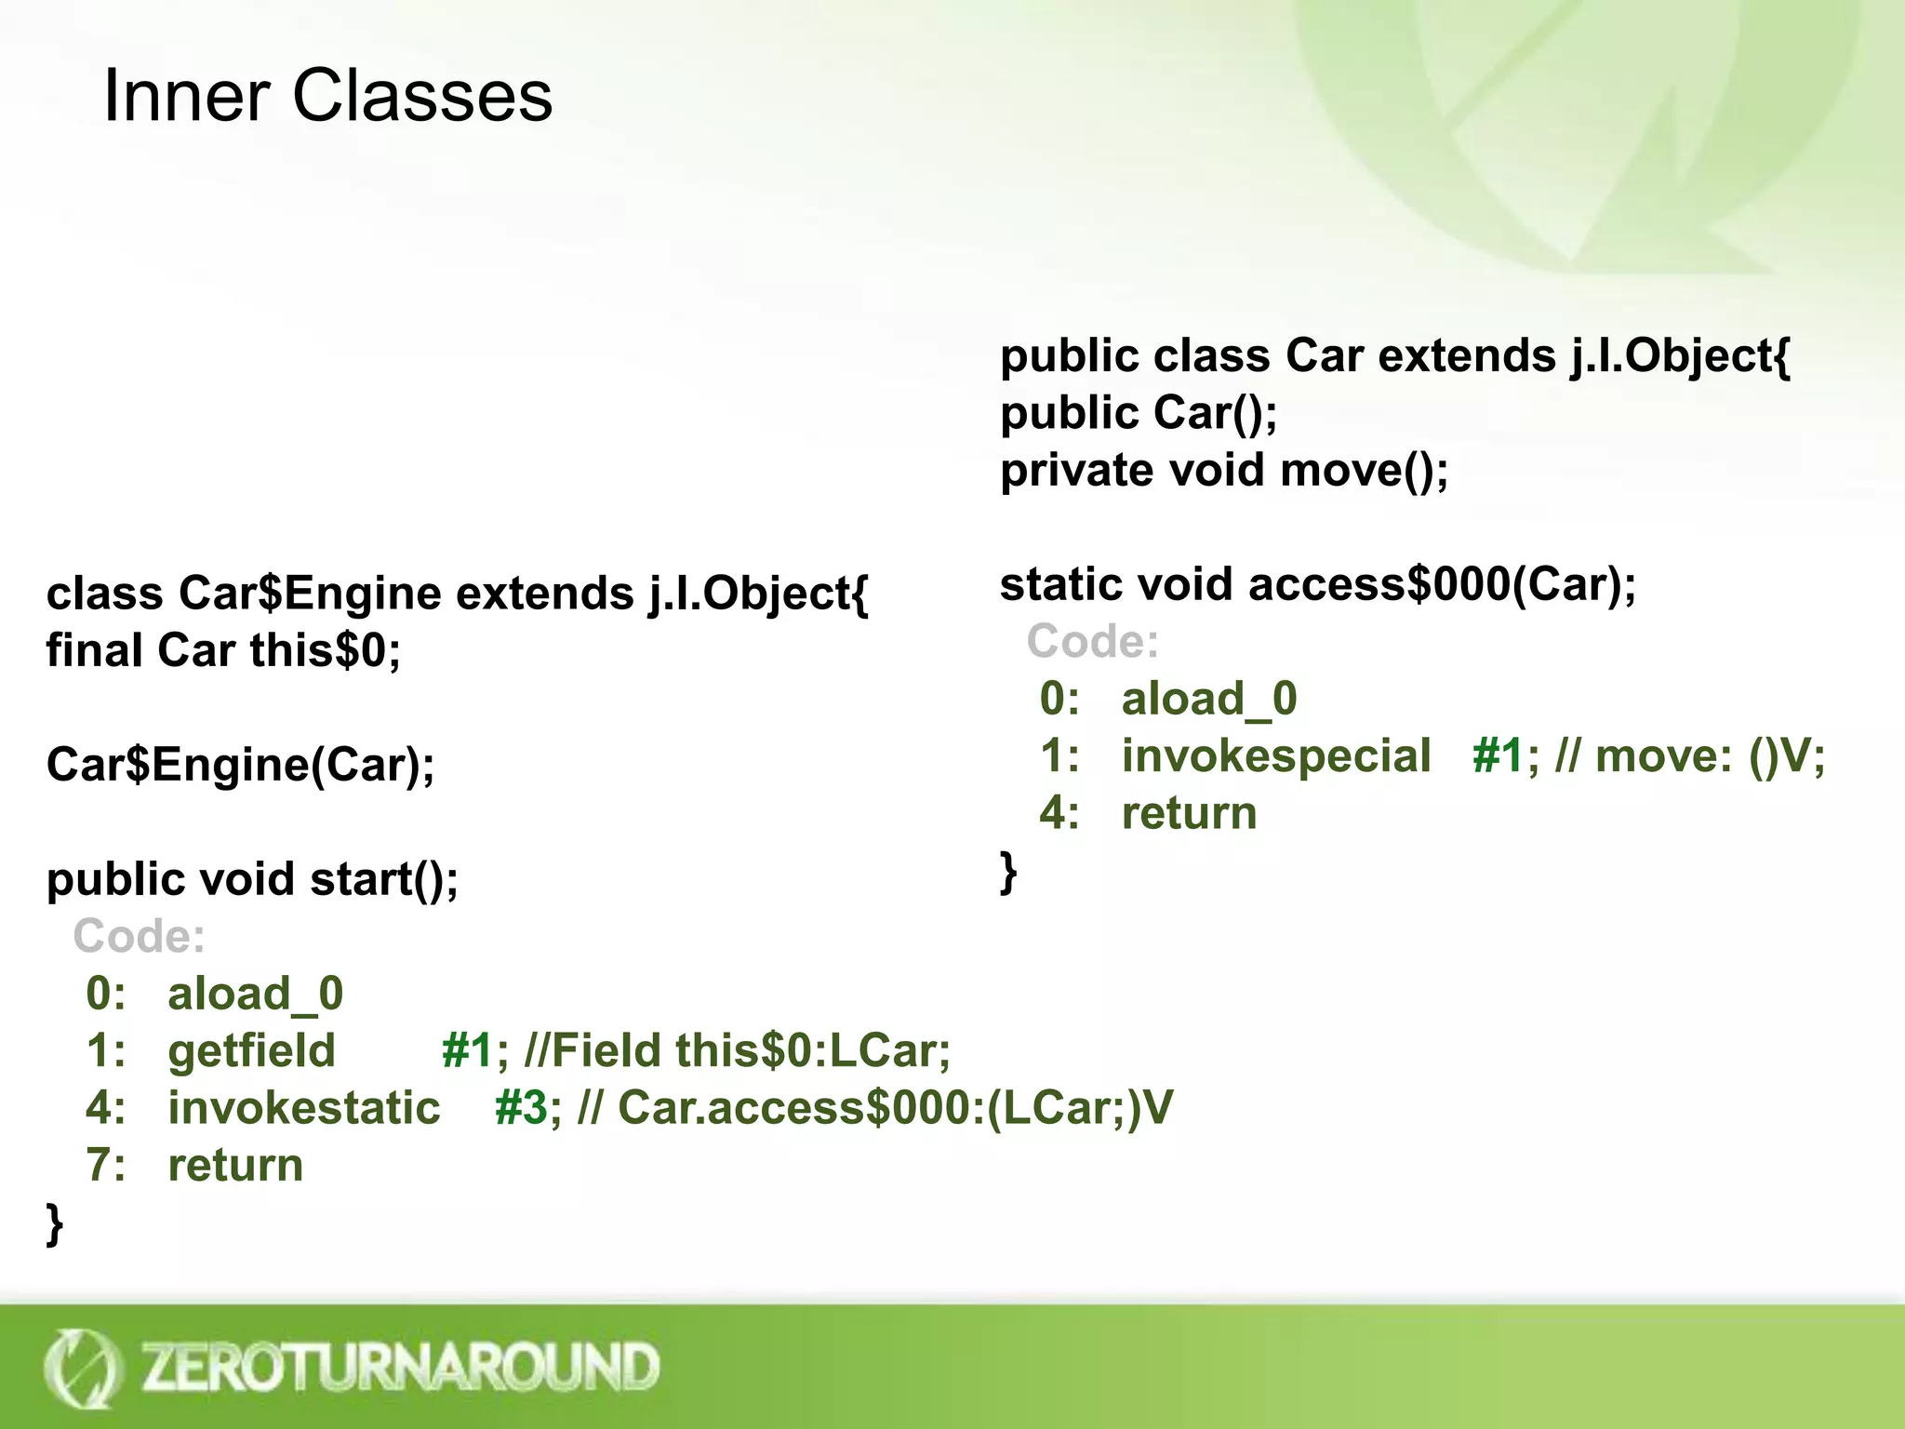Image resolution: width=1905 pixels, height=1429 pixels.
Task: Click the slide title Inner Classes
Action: point(327,96)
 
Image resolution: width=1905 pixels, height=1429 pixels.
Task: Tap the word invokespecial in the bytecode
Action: point(1275,755)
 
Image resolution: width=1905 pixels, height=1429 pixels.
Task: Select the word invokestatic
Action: point(303,1108)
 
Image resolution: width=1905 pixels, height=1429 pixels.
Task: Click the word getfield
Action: point(251,1050)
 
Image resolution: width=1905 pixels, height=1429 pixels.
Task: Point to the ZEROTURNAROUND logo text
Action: point(400,1368)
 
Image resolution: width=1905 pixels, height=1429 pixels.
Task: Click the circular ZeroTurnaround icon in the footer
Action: point(82,1368)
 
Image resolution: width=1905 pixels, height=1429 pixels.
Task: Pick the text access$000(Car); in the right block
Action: point(1441,584)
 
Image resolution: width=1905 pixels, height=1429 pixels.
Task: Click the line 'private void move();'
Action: point(1224,470)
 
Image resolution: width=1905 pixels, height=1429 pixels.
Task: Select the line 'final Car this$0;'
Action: point(223,650)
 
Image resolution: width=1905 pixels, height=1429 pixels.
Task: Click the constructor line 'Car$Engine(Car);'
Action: point(240,765)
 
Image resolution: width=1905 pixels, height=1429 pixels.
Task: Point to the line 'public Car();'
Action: point(1139,413)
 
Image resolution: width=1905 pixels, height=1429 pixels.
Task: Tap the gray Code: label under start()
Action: point(140,936)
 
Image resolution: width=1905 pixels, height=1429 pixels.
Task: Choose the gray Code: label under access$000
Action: point(1093,642)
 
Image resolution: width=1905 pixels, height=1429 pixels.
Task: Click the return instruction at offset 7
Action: point(235,1165)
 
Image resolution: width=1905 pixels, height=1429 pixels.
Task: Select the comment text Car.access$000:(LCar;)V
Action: point(895,1108)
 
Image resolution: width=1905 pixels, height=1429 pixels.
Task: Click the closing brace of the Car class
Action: point(1008,873)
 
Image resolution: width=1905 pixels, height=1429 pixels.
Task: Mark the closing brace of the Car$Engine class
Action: point(55,1223)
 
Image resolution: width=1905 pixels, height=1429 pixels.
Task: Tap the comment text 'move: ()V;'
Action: point(1710,755)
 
